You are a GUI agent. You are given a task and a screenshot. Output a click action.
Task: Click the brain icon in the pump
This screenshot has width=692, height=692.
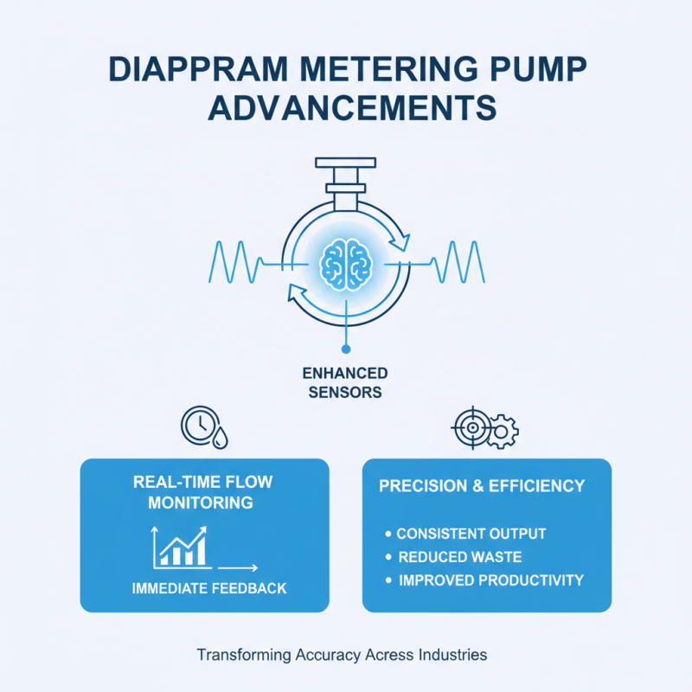point(345,259)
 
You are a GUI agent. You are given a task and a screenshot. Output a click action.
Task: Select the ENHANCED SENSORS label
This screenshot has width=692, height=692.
point(345,382)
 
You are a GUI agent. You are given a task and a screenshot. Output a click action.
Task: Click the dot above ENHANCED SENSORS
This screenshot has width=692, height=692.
point(345,349)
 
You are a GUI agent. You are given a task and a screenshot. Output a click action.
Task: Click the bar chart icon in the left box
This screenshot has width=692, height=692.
point(181,546)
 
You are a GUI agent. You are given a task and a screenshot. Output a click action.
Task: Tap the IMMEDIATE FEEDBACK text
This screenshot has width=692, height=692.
point(208,588)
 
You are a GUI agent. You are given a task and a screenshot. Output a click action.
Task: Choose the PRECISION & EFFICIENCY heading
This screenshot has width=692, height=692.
point(482,486)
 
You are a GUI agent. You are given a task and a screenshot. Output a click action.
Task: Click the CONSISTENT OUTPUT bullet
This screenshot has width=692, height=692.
point(471,534)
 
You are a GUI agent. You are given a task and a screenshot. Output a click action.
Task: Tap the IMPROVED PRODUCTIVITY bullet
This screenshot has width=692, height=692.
point(490,580)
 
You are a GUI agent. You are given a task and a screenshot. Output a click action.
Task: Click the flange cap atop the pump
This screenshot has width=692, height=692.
point(345,162)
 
